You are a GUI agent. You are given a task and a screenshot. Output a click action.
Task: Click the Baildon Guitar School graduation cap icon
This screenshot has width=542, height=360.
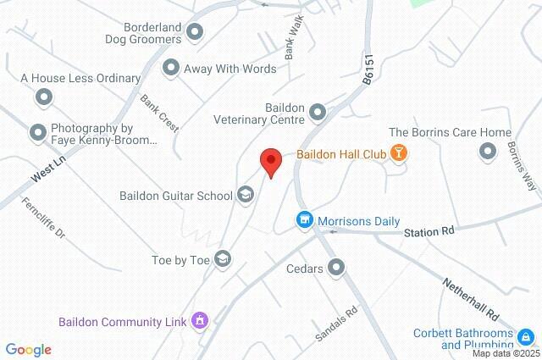[246, 196]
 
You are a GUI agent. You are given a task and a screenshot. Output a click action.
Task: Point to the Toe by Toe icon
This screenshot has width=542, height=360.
[223, 258]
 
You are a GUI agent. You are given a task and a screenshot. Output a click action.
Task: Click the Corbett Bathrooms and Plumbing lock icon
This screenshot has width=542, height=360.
[525, 337]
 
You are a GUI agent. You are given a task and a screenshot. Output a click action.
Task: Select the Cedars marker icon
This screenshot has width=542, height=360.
[336, 269]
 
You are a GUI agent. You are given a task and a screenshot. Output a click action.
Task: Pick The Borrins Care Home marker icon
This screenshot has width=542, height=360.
[487, 151]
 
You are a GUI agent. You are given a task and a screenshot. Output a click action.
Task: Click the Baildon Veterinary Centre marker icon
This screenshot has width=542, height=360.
[318, 112]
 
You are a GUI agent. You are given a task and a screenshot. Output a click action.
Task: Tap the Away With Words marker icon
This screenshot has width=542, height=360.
[171, 68]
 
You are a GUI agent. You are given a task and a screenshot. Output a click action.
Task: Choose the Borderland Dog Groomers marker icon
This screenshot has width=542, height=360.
[196, 32]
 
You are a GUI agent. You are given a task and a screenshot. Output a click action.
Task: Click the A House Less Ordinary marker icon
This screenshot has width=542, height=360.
[44, 97]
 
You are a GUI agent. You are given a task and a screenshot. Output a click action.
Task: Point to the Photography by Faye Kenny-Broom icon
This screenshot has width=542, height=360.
[37, 133]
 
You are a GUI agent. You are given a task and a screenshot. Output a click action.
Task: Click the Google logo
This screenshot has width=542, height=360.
[28, 350]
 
